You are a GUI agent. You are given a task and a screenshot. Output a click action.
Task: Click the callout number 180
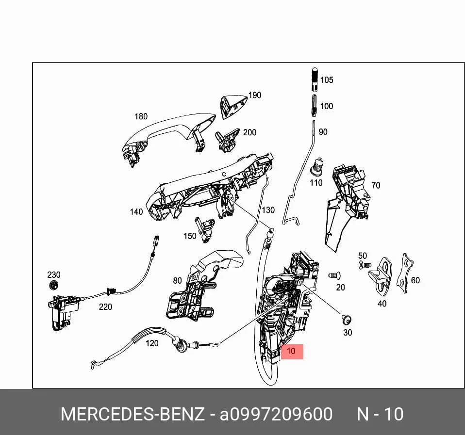pyautogui.click(x=141, y=116)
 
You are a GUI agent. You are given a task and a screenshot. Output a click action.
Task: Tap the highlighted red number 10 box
pyautogui.click(x=292, y=352)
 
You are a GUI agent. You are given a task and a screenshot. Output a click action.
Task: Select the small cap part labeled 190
pyautogui.click(x=233, y=106)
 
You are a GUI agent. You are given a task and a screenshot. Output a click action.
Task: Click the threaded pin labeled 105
pyautogui.click(x=315, y=80)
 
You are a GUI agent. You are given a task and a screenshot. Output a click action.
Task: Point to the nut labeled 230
pyautogui.click(x=53, y=285)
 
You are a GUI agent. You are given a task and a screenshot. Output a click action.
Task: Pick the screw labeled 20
pyautogui.click(x=334, y=275)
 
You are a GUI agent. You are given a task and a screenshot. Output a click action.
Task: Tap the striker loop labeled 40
pyautogui.click(x=381, y=276)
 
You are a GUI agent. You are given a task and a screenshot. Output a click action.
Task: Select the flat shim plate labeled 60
pyautogui.click(x=405, y=273)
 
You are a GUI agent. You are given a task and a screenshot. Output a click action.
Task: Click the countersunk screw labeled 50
pyautogui.click(x=365, y=265)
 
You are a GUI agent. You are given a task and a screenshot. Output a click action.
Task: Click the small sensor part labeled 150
pyautogui.click(x=205, y=229)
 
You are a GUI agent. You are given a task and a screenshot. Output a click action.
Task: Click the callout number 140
pyautogui.click(x=136, y=212)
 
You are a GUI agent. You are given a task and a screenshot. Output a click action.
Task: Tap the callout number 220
pyautogui.click(x=105, y=306)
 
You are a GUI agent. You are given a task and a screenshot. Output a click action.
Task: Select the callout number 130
pyautogui.click(x=268, y=210)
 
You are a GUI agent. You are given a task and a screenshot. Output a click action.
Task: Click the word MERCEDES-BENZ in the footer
pyautogui.click(x=133, y=414)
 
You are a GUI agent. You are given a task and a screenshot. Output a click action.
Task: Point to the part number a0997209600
pyautogui.click(x=276, y=414)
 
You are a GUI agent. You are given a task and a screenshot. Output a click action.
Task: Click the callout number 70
pyautogui.click(x=376, y=185)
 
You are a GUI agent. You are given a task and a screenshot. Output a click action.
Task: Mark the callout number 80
pyautogui.click(x=177, y=280)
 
